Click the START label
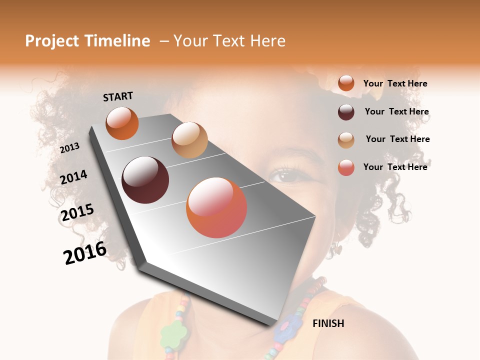coord(118,96)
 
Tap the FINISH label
coord(328,323)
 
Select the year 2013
coord(69,148)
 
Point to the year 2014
coord(73,177)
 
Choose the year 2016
coord(85,253)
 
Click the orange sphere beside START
coord(122,123)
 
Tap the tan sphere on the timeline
coord(189,140)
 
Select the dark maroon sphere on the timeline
coord(145,180)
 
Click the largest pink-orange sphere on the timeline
coord(216,207)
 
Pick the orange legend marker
coord(346,83)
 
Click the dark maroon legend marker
coord(346,112)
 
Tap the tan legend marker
coord(346,139)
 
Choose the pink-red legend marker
coord(346,167)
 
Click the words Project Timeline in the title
coord(87,41)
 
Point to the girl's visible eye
coord(283,175)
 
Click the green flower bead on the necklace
coord(173,331)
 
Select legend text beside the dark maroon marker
coord(397,111)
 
